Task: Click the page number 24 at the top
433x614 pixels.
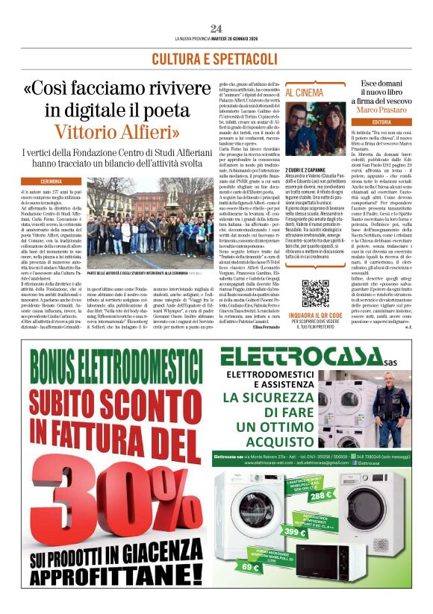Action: [x=216, y=28]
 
